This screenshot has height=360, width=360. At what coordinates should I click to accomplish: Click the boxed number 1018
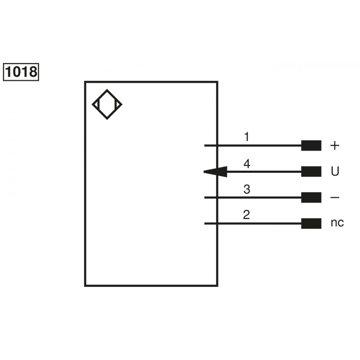(21, 72)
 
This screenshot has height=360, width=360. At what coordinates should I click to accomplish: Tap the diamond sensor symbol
(107, 105)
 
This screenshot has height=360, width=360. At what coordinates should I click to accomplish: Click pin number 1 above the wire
(247, 137)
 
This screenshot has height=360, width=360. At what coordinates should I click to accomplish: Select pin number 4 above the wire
(247, 164)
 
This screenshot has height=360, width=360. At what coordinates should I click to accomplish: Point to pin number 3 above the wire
(247, 189)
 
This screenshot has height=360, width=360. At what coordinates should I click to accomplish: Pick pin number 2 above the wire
(247, 215)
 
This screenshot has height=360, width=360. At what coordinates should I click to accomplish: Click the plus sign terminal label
(335, 145)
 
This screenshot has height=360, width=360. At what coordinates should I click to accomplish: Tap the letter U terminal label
(335, 172)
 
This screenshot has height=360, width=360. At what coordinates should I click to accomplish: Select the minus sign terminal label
(335, 198)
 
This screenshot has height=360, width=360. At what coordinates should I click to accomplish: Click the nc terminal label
(337, 223)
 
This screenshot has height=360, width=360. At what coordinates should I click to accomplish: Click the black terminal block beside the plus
(311, 145)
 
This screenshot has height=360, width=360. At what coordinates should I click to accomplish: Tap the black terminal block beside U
(311, 172)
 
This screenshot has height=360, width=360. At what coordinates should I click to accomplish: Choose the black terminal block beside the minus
(311, 198)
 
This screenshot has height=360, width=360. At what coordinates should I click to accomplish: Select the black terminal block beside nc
(311, 224)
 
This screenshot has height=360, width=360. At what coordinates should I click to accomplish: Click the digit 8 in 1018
(32, 72)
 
